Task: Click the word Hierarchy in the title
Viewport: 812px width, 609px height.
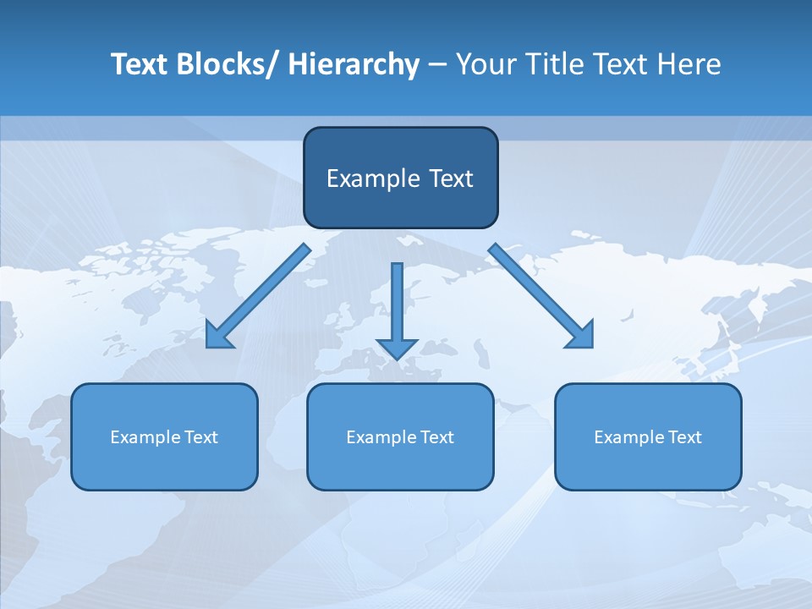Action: tap(354, 65)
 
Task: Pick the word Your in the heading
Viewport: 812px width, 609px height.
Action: tap(485, 65)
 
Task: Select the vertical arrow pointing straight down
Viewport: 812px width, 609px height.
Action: tap(397, 304)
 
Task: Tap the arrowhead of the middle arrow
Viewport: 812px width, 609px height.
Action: tap(397, 348)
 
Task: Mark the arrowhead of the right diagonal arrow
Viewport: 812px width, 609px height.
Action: tap(582, 336)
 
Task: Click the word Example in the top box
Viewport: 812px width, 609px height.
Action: tap(361, 178)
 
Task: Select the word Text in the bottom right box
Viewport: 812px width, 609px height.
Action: tap(684, 437)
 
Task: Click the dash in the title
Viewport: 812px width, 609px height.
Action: tap(437, 65)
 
